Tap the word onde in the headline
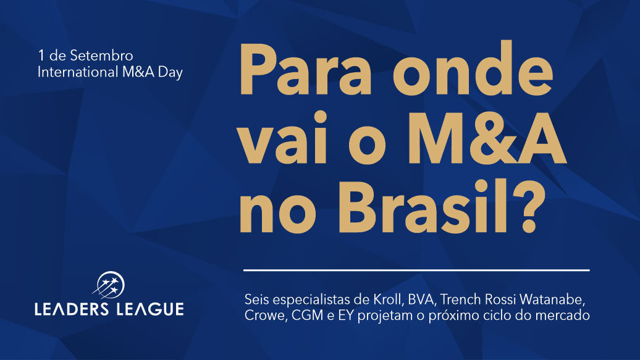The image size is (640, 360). click(x=473, y=68)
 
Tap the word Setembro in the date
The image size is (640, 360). click(x=102, y=56)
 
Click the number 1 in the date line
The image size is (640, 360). click(x=41, y=56)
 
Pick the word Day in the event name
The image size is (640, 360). click(x=171, y=73)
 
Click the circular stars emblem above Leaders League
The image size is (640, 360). click(x=109, y=285)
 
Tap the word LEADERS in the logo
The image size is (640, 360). click(x=72, y=309)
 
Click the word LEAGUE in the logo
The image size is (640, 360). click(x=150, y=309)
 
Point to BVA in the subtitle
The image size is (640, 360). click(x=421, y=299)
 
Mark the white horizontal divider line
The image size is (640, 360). click(x=417, y=270)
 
